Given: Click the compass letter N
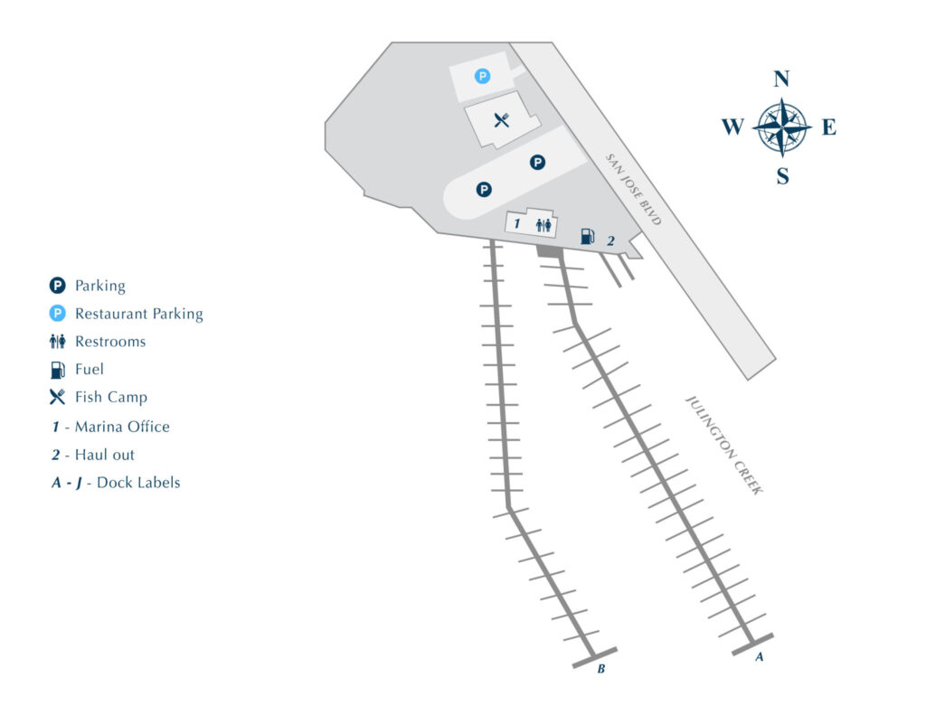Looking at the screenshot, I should click(782, 79).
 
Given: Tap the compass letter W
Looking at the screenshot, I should click(732, 127).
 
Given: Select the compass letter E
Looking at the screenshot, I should click(828, 127).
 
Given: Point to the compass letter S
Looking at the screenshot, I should click(782, 177).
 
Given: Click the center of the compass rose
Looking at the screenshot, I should click(781, 127).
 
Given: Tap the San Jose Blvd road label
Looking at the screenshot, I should click(634, 189).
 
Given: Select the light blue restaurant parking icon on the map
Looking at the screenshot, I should click(483, 77).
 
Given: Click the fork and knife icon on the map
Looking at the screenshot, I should click(501, 119).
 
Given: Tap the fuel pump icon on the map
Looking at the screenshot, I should click(587, 237).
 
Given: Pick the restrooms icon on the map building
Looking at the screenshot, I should click(543, 225).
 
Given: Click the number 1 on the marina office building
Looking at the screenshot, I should click(517, 223).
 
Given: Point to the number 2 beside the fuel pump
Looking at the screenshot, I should click(610, 241).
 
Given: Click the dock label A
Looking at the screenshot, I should click(760, 658).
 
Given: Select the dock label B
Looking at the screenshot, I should click(600, 670).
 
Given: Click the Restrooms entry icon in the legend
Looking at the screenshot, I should click(58, 342).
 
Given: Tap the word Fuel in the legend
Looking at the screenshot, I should click(90, 369).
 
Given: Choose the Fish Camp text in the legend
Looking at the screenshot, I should click(110, 397).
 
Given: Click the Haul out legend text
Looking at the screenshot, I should click(104, 455).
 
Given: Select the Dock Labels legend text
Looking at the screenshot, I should click(138, 483).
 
